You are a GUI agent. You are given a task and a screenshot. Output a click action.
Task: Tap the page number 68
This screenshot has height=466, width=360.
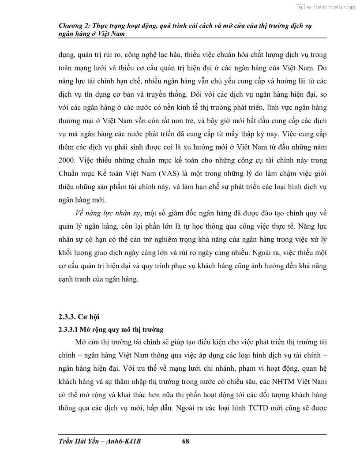tap(185, 441)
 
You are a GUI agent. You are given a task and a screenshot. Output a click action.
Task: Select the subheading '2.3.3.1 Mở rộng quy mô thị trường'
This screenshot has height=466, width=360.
tap(111, 329)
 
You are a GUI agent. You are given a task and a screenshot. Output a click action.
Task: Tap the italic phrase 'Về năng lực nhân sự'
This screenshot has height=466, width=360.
tap(107, 214)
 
